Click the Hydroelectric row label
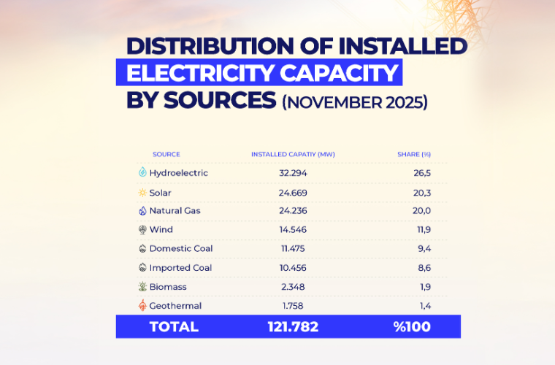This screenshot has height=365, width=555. pos(178,173)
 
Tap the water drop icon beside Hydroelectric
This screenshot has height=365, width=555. pos(142,173)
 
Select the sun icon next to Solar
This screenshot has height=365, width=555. pos(142,193)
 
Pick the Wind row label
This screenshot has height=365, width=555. pos(161,230)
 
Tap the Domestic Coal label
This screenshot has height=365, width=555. pos(181,249)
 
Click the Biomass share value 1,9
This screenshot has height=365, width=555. pos(424,287)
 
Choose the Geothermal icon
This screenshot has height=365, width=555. pos(142,306)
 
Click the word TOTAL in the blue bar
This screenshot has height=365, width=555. pos(174,327)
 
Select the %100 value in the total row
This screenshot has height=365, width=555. pos(412,327)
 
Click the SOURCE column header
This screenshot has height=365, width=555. pos(166,154)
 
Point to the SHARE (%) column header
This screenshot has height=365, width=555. pos(414,154)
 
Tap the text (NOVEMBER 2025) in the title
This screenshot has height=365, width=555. pos(354,101)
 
